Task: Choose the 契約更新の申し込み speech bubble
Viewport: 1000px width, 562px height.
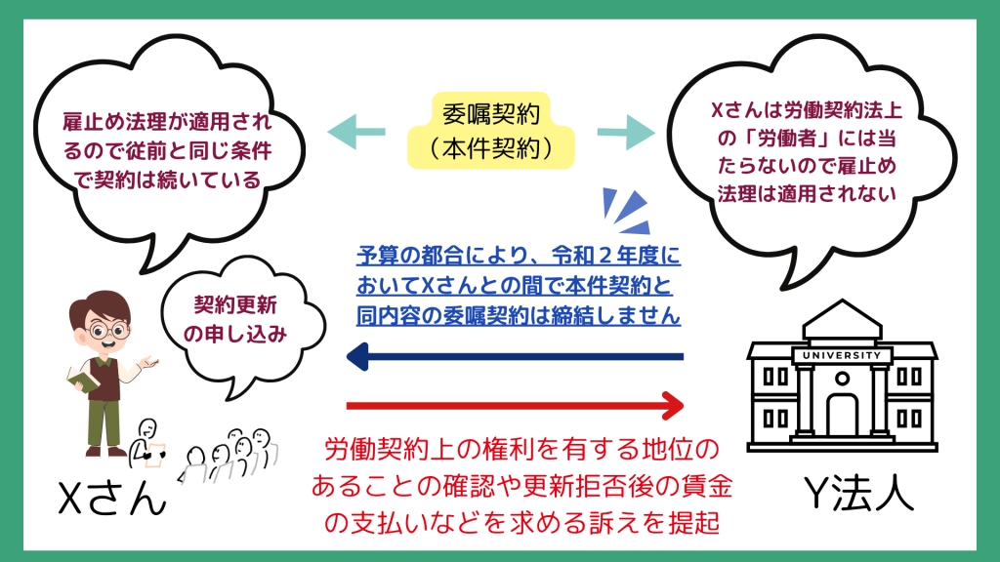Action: [239, 323]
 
